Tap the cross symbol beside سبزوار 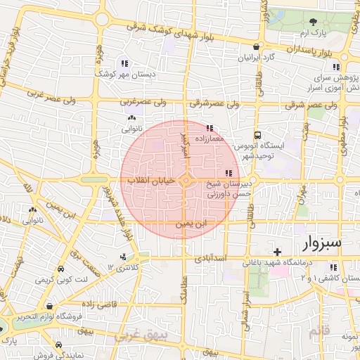278,251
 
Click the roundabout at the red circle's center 186,181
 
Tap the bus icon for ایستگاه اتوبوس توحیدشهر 258,134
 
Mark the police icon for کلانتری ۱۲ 124,257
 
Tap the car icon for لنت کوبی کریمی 61,270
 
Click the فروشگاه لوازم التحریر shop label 50,315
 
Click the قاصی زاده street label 100,304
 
